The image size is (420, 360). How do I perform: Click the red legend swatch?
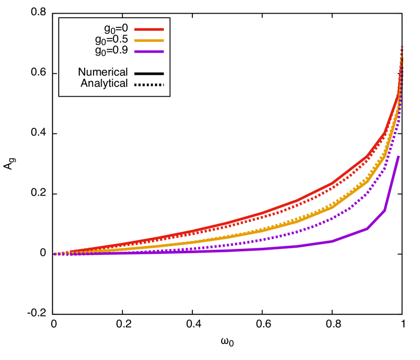[x=149, y=30]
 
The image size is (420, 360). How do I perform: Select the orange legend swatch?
[x=149, y=40]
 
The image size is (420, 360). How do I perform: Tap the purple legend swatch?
[x=149, y=52]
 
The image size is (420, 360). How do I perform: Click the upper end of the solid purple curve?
[x=399, y=156]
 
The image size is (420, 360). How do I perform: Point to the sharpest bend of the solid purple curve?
[x=385, y=210]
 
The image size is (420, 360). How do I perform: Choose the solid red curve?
[x=263, y=212]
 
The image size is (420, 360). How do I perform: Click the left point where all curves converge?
[x=55, y=254]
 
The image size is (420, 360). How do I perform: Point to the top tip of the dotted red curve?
[x=402, y=47]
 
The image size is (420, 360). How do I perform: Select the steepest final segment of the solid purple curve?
[x=392, y=183]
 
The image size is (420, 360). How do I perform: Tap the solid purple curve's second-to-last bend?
[x=367, y=229]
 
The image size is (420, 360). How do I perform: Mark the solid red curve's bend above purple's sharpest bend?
[x=385, y=133]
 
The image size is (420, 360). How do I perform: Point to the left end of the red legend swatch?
[x=135, y=30]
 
